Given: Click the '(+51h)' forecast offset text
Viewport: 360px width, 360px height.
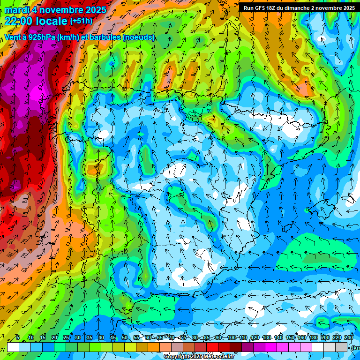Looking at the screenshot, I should (x=81, y=21).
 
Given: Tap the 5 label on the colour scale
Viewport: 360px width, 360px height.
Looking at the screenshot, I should (x=18, y=338).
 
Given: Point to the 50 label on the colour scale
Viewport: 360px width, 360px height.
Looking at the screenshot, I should (x=124, y=338).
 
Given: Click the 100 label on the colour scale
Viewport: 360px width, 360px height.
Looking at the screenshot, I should (x=232, y=338).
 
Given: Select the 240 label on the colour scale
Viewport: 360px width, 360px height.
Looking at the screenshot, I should (x=348, y=338).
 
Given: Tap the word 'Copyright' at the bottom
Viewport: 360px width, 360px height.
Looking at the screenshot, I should (x=177, y=357).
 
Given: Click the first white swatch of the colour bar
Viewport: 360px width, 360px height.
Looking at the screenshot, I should (x=13, y=347).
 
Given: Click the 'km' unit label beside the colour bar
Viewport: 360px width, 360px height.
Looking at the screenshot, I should (x=355, y=348).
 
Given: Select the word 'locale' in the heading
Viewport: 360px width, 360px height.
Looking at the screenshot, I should (x=53, y=21).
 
